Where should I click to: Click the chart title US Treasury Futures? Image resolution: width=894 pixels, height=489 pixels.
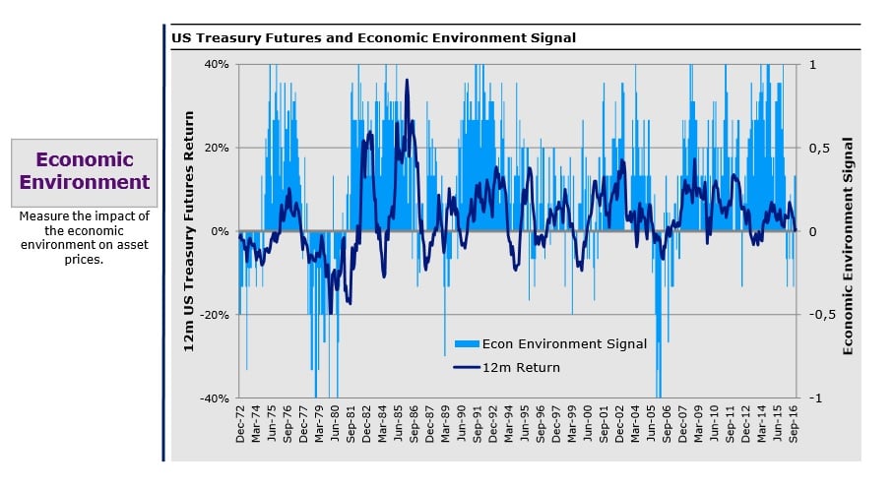coord(373,37)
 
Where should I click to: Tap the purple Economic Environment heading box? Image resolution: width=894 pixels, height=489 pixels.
coord(85,171)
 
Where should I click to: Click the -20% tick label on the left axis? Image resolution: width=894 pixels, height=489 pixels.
coord(215,315)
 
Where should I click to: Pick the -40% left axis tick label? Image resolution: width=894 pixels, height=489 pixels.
coord(215,398)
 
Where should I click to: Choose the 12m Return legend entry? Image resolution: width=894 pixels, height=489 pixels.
coord(520,368)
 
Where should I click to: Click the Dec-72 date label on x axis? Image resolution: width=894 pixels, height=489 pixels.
coord(240,426)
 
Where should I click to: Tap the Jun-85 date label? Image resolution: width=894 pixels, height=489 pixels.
coord(399,426)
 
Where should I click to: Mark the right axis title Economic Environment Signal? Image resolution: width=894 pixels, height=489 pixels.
coord(849,245)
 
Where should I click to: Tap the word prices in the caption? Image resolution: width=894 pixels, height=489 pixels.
coord(84,259)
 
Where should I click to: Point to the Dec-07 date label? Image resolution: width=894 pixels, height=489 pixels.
coord(684,426)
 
